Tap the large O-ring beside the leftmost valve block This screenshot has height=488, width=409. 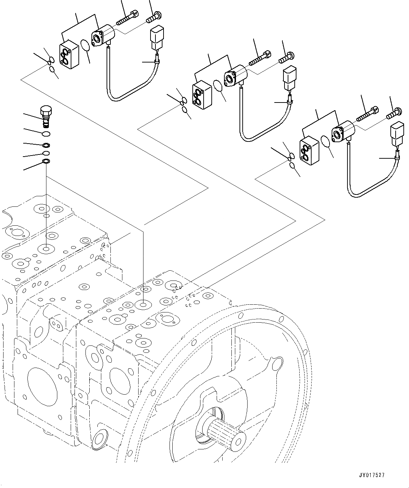click(85, 46)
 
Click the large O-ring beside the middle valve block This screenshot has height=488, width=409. click(218, 86)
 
